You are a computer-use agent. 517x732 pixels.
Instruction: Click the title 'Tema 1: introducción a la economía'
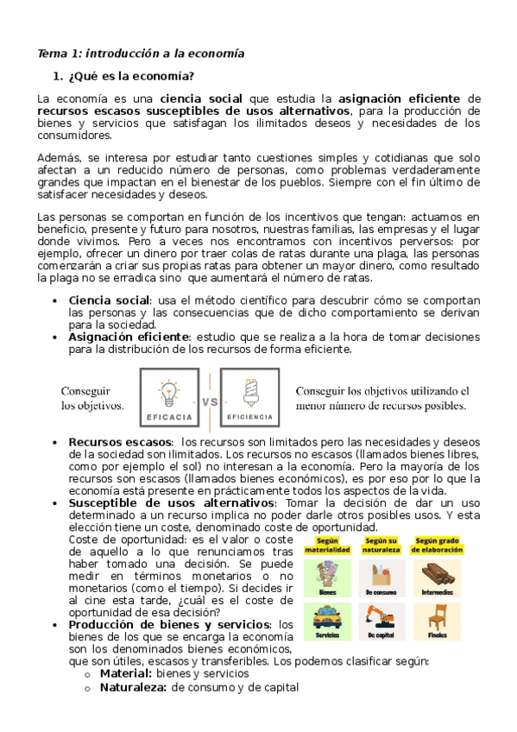tap(140, 54)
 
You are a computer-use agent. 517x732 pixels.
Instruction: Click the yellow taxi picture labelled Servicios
tap(327, 617)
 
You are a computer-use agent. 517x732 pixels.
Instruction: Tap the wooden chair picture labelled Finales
tap(436, 615)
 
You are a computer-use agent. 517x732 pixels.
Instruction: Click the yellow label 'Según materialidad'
tap(327, 546)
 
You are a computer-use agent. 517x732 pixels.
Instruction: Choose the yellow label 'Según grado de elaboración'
tap(436, 546)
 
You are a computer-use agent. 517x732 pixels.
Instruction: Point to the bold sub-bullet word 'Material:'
tap(126, 673)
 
